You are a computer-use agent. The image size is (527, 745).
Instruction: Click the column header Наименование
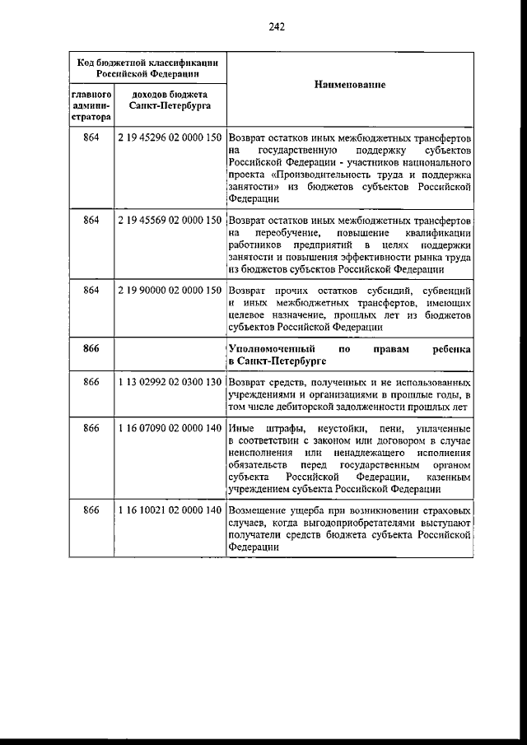point(351,86)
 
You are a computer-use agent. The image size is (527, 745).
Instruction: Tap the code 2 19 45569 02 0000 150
point(170,221)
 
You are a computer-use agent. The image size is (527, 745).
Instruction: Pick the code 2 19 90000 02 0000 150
point(170,291)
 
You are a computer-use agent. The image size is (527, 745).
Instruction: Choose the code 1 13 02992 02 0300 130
point(170,383)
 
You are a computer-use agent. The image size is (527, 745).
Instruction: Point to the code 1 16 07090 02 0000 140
point(170,430)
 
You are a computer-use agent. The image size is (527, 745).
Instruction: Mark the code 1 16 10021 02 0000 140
point(170,511)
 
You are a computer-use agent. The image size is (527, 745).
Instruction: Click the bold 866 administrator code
point(91,349)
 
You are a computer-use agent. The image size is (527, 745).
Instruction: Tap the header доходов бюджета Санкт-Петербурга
point(170,101)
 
